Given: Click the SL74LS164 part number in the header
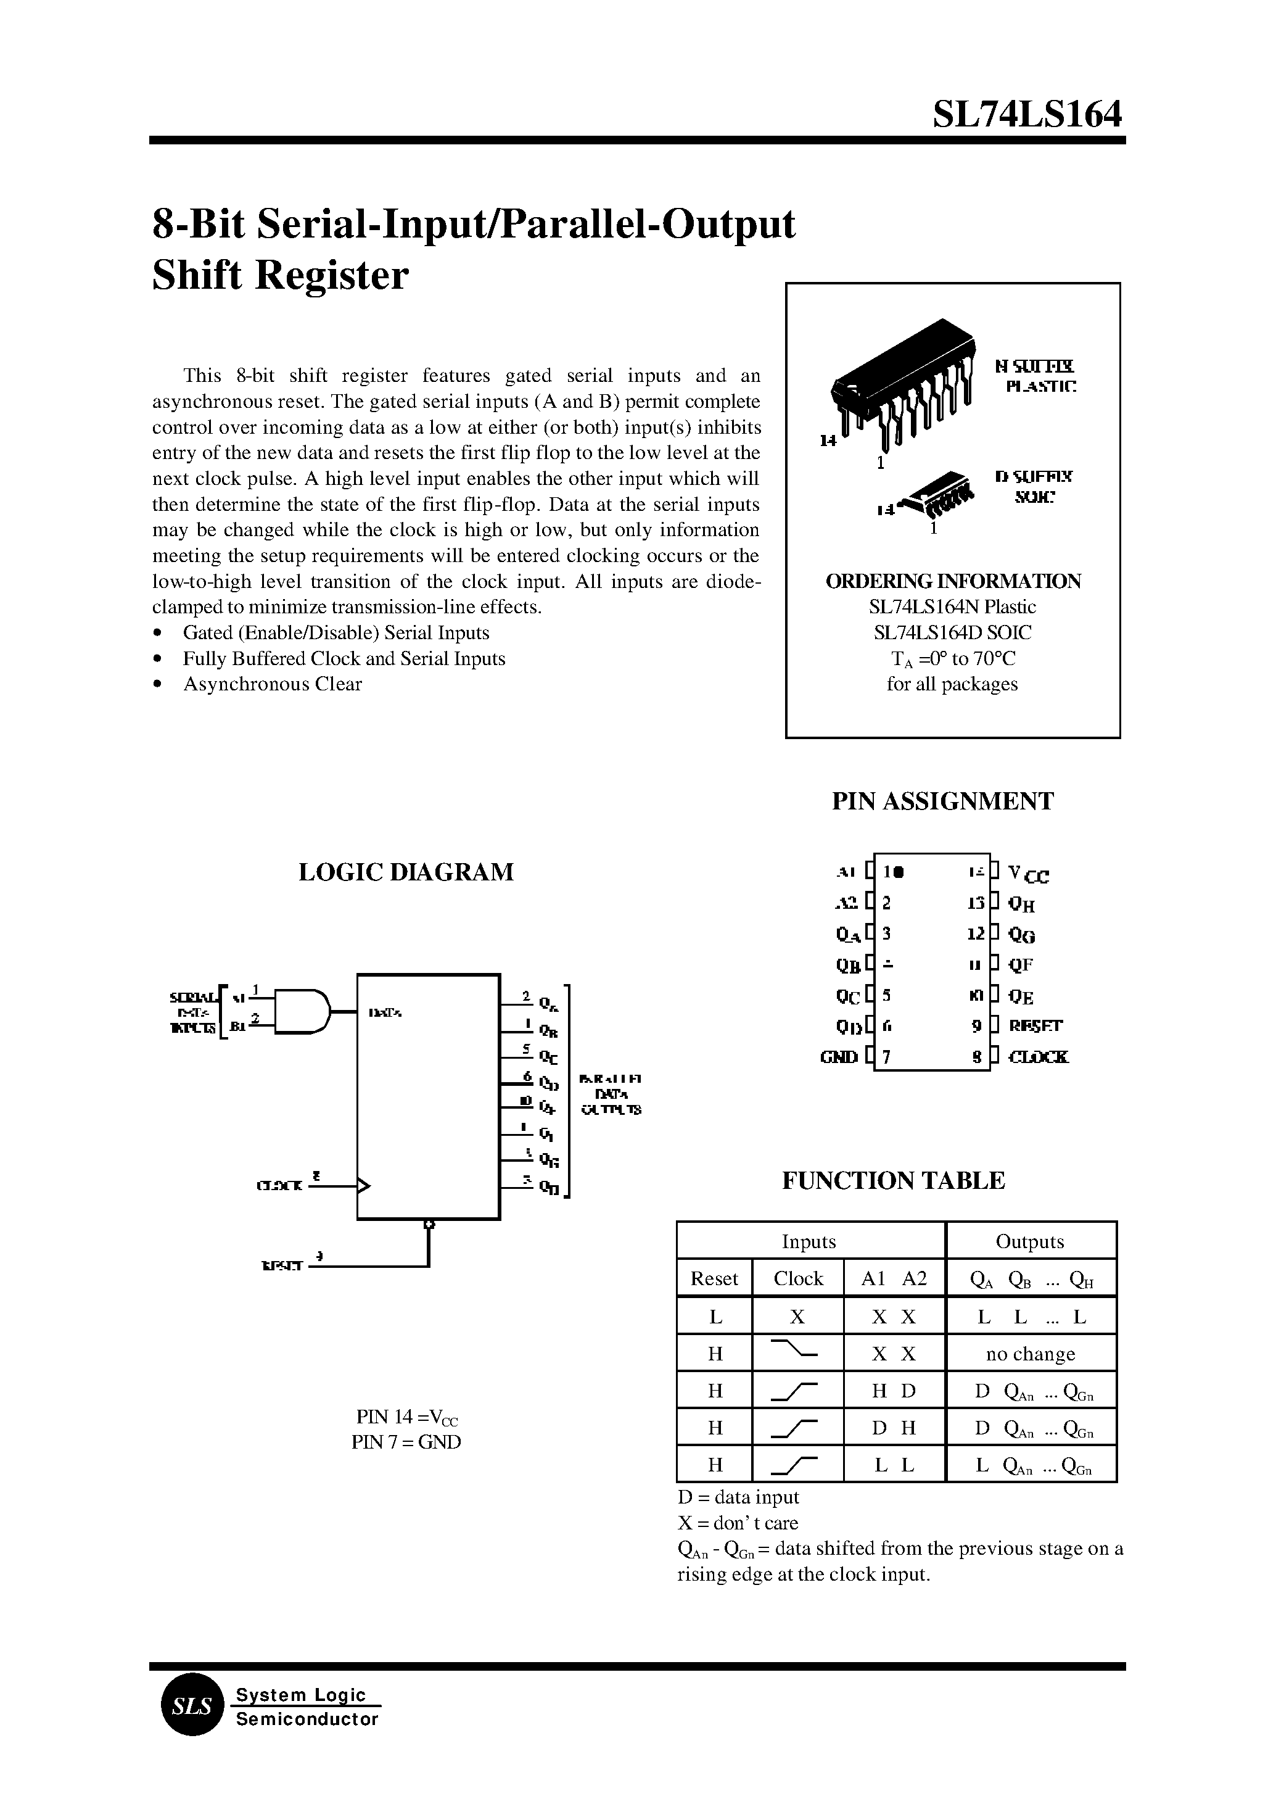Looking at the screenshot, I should tap(1027, 115).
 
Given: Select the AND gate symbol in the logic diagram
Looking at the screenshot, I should tap(303, 1009).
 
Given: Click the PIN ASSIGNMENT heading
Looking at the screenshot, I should tap(942, 801).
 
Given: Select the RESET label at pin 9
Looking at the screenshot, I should tap(1035, 1026).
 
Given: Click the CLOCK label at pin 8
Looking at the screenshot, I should tap(1038, 1057).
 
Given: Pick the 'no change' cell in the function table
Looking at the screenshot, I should tap(1030, 1354).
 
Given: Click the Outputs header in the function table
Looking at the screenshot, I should tap(1029, 1241).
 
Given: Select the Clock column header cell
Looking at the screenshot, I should tap(797, 1278).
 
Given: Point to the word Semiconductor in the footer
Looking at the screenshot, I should tap(307, 1741).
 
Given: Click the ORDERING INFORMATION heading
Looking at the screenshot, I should tap(952, 581).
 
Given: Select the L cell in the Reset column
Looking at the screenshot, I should tap(714, 1316).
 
